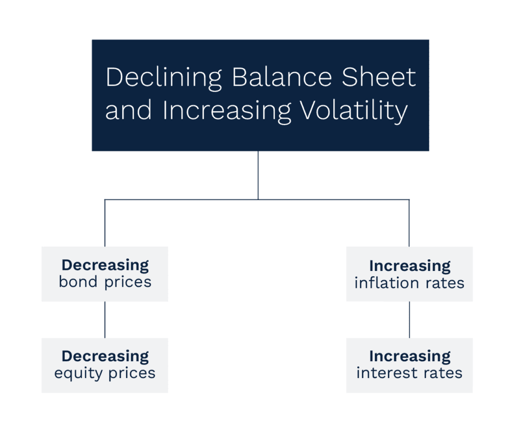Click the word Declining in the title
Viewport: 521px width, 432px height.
(x=163, y=78)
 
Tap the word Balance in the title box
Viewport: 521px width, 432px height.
(x=282, y=77)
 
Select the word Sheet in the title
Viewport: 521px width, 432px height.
(x=379, y=77)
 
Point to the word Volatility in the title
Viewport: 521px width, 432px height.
(x=354, y=111)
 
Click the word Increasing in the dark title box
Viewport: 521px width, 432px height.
(x=227, y=111)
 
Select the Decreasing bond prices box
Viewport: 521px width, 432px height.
(x=105, y=274)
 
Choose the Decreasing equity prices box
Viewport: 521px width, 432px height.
(x=105, y=365)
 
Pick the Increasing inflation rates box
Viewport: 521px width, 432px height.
(x=410, y=274)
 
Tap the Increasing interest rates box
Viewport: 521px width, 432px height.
(x=410, y=365)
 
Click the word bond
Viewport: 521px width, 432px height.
(x=78, y=282)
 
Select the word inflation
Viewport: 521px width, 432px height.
(x=387, y=283)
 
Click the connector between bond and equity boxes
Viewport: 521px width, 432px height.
(x=105, y=320)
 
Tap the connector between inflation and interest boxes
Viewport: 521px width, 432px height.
(x=410, y=320)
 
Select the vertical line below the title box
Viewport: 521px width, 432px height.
(x=258, y=175)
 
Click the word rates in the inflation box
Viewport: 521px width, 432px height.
(x=445, y=283)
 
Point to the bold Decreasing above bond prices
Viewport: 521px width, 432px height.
(x=105, y=265)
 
